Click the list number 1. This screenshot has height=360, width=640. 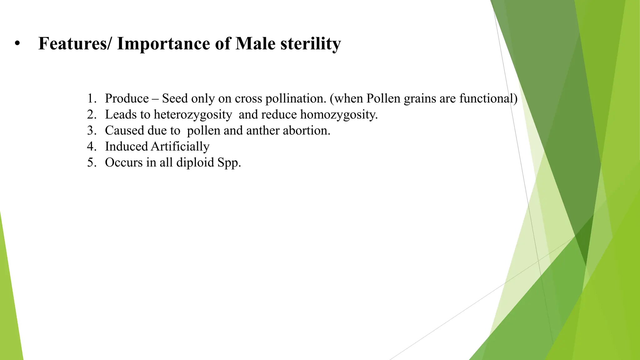coord(91,99)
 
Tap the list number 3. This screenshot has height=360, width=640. coord(91,131)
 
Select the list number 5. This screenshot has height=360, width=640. coord(91,162)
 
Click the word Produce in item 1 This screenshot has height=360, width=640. coord(127,99)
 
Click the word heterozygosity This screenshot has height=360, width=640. coord(192,115)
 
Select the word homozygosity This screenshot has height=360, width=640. coord(339,115)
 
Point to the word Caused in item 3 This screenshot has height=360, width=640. coord(124,131)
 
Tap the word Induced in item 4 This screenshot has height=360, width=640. coord(126,147)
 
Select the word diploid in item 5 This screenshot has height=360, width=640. coord(195,162)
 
